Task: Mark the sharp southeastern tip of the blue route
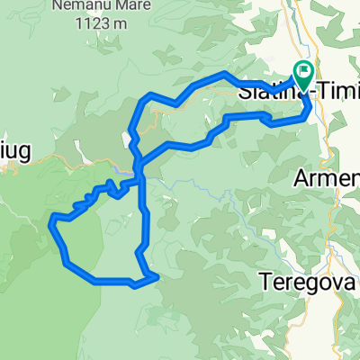158,276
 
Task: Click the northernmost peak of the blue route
223,73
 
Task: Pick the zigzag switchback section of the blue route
99,193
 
